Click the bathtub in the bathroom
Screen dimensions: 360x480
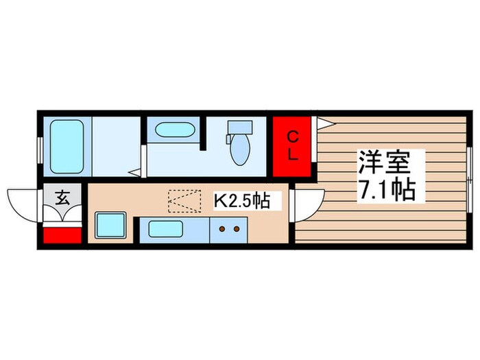[67, 147]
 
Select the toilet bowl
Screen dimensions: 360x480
[240, 152]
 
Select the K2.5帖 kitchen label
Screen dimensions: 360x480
[241, 201]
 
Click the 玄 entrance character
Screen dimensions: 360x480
[62, 200]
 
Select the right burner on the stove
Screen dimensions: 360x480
[237, 229]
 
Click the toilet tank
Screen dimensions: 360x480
[240, 128]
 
